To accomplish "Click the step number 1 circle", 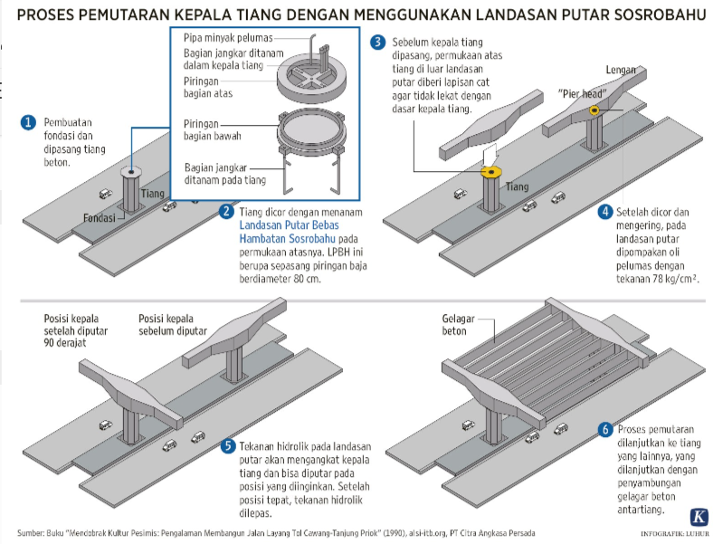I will (x=28, y=123).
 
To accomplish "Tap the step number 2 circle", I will (x=227, y=212).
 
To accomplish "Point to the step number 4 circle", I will (x=604, y=212).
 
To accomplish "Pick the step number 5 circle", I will (x=229, y=445).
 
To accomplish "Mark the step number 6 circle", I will (x=604, y=429).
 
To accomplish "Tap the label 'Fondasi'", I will (x=97, y=219).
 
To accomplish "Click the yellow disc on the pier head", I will (x=595, y=110).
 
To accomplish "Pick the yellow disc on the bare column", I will (x=491, y=171).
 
